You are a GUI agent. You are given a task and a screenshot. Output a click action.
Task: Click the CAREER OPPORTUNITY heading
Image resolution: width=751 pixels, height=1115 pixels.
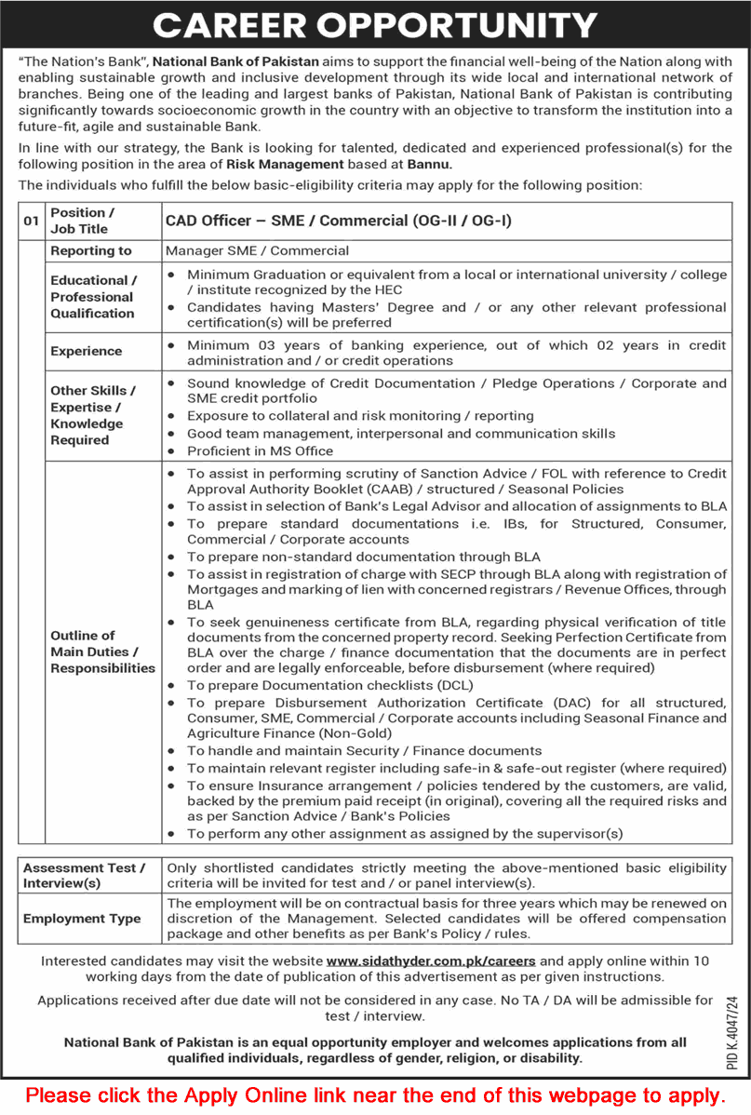(x=375, y=24)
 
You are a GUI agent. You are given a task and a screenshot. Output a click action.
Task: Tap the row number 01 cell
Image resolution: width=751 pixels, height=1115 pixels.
(x=32, y=221)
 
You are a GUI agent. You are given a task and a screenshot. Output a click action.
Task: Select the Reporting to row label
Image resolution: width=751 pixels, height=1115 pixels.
(x=91, y=250)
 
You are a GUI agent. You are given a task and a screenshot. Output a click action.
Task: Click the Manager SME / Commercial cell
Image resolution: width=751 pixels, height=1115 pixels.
(x=258, y=250)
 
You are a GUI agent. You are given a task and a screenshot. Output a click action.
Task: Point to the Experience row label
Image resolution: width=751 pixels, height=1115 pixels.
(x=87, y=351)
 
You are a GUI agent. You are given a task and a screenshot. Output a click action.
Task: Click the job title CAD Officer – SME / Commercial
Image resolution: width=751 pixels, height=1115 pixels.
(x=339, y=221)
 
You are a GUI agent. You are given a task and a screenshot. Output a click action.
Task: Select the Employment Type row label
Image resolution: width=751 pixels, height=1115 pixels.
(x=83, y=918)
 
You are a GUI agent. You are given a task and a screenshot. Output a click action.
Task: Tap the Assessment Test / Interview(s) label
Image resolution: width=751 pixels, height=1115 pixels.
(x=85, y=875)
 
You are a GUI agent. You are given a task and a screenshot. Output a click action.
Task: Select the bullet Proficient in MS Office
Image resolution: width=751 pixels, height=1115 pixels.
(x=260, y=450)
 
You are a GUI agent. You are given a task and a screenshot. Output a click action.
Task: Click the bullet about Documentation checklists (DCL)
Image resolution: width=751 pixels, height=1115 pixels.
(x=329, y=685)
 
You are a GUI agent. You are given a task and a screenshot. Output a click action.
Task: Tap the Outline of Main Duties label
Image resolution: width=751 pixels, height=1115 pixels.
(x=102, y=652)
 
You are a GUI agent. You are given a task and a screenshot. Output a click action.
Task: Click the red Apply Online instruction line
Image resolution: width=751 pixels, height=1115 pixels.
(x=375, y=1095)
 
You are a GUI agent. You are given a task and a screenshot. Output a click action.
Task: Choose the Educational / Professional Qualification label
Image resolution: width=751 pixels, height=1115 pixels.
(x=93, y=297)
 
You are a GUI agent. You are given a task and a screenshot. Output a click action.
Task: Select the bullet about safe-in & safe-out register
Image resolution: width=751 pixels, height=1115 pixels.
(x=456, y=768)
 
